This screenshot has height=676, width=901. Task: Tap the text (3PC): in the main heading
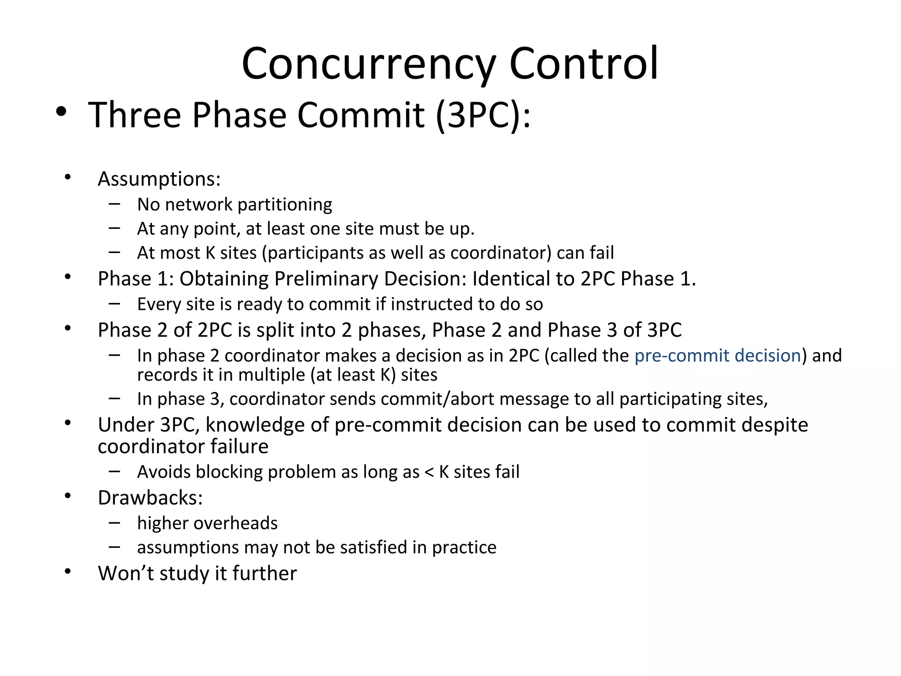[x=483, y=115]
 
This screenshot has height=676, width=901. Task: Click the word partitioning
[x=285, y=205]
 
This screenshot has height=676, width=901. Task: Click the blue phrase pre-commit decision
[x=718, y=356]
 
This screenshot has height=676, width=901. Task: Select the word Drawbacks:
[x=150, y=498]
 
